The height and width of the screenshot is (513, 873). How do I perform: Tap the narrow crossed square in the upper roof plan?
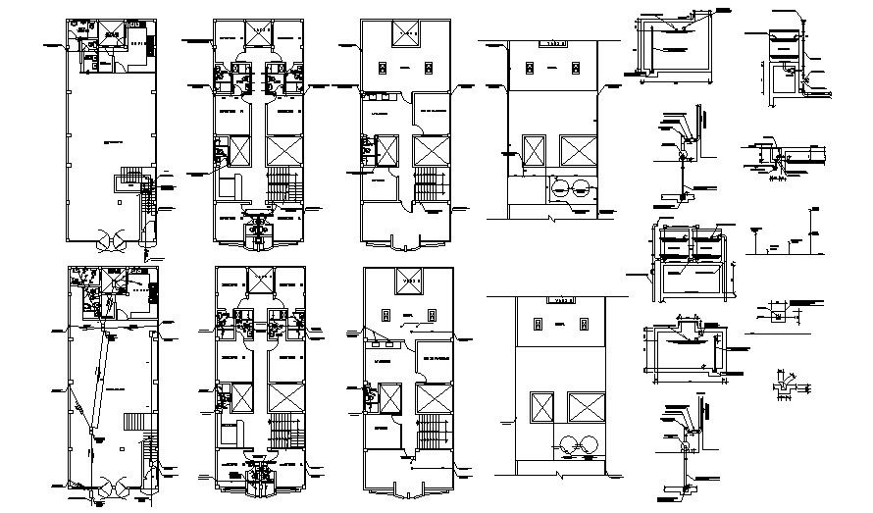(536, 150)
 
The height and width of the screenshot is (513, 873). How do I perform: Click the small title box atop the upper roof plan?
(557, 43)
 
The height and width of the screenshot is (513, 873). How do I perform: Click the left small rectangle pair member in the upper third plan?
(385, 66)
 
